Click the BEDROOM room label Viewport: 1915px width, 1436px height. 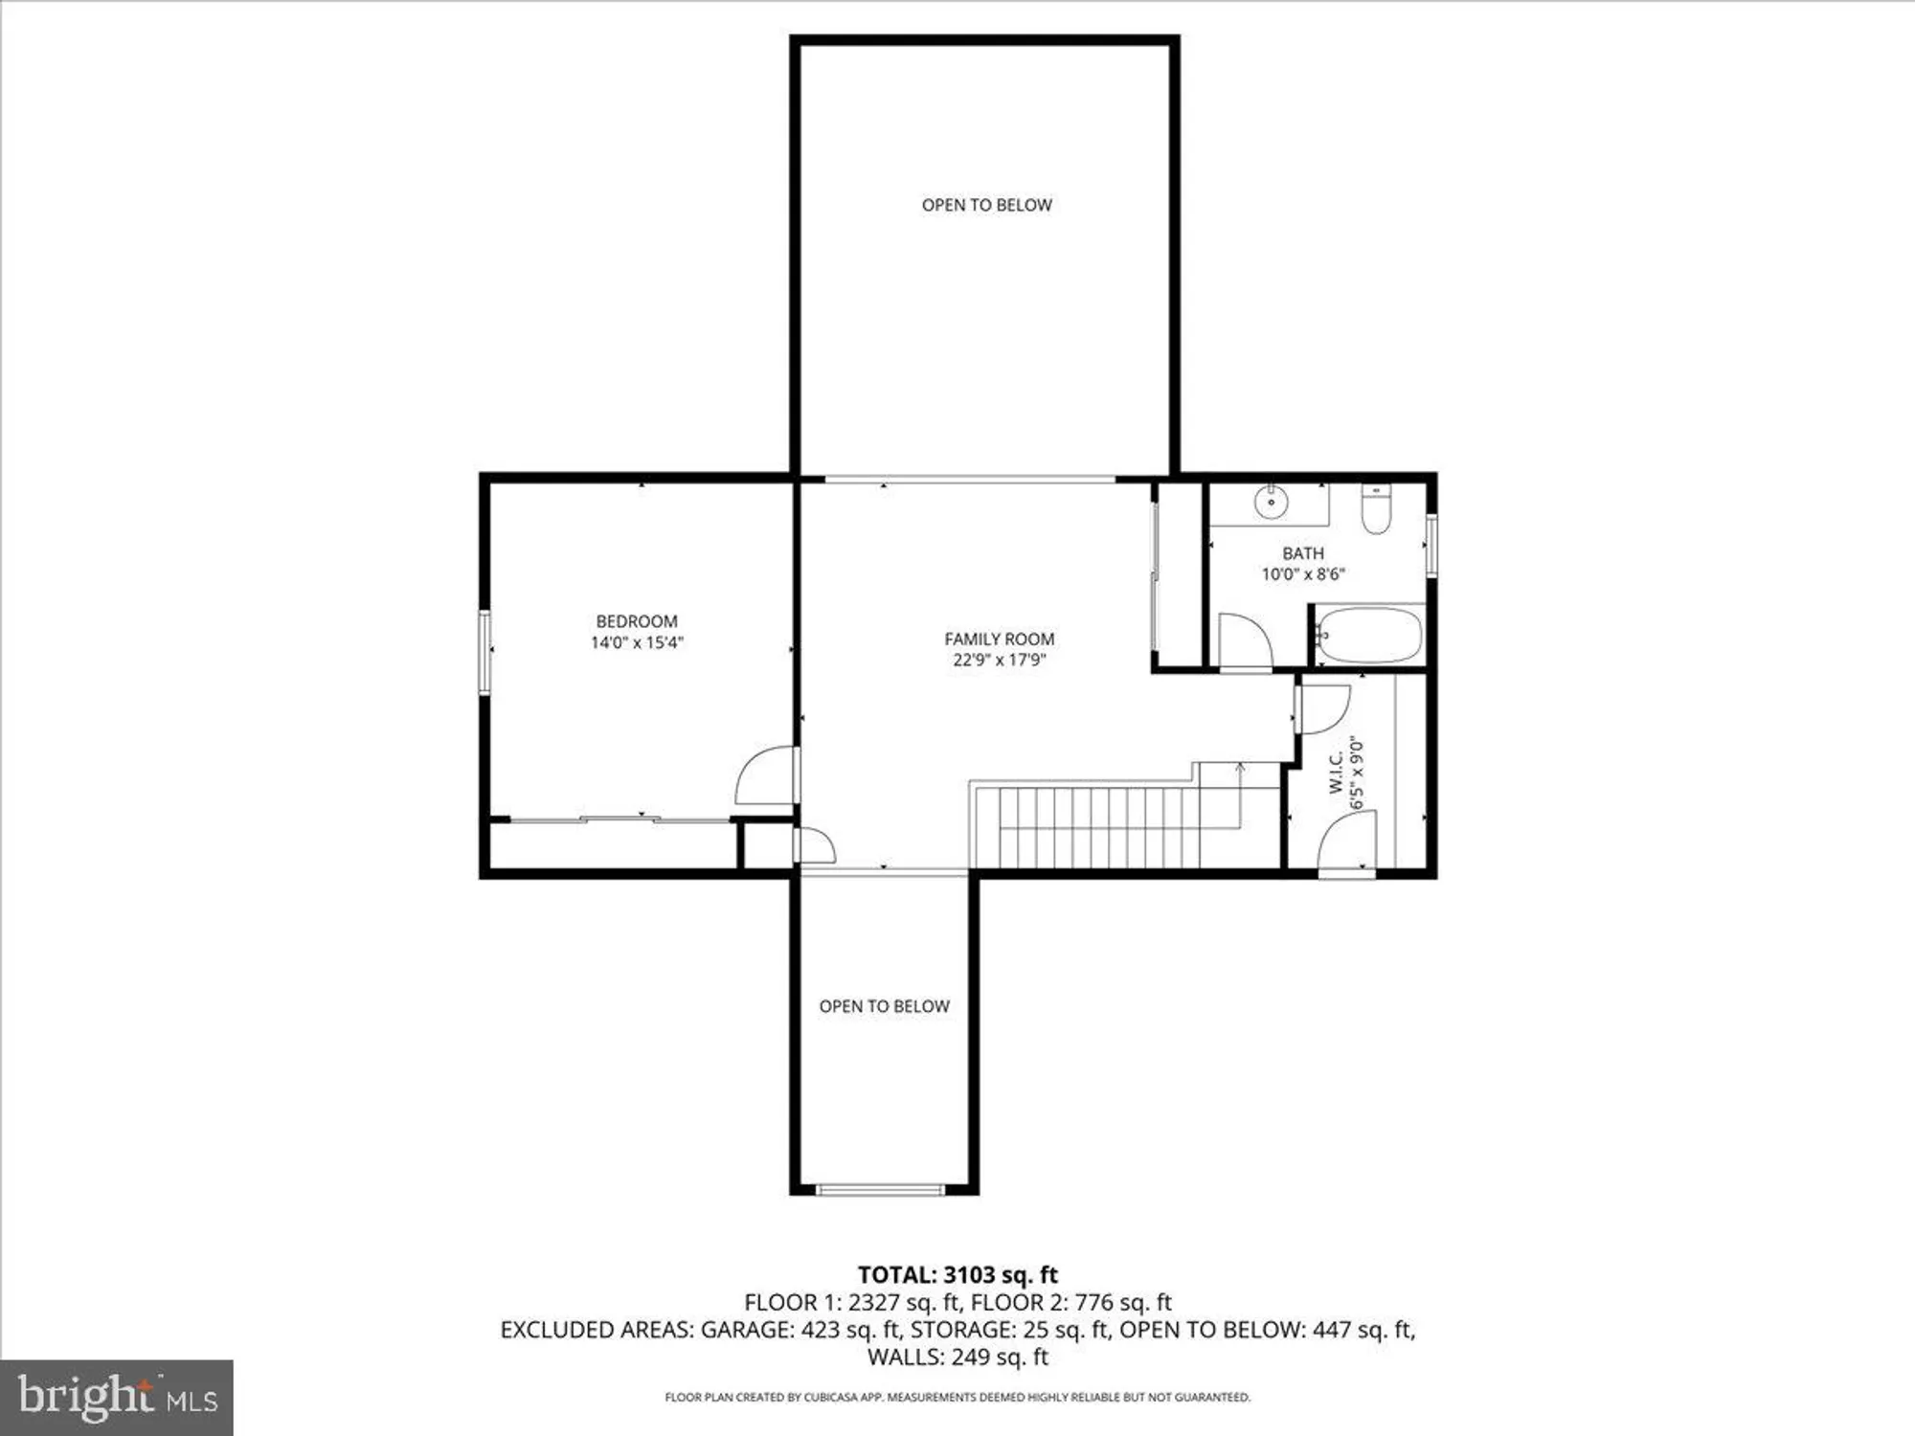coord(637,621)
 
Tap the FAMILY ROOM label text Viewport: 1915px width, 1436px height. coord(999,639)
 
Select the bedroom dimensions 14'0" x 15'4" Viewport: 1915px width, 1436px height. coord(637,642)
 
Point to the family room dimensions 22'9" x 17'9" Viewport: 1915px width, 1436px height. coord(999,660)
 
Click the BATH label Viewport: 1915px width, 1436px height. coord(1303,553)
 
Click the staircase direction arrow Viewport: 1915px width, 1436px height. coord(1241,767)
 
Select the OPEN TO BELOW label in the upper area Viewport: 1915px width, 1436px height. coord(986,205)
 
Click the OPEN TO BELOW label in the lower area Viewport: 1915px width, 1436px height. coord(884,1006)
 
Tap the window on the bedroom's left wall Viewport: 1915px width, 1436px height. coord(485,652)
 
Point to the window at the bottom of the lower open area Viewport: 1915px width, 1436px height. coord(880,1190)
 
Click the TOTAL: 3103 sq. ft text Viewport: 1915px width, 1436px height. coord(957,1275)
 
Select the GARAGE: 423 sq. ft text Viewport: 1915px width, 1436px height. coord(800,1330)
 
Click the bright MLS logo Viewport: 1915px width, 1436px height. coord(117,1397)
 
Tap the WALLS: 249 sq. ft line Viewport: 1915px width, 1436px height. coord(957,1357)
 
